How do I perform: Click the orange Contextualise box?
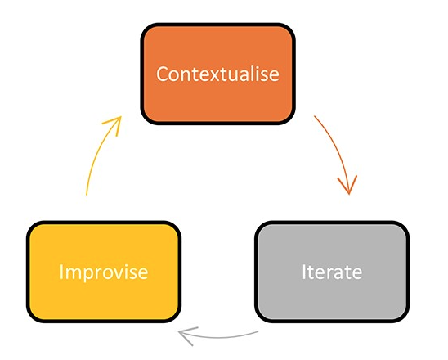click(x=217, y=74)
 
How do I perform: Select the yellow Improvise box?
click(x=104, y=272)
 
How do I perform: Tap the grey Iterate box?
click(x=332, y=272)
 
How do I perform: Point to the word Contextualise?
click(x=217, y=74)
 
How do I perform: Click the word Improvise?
click(x=104, y=272)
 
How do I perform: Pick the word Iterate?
click(x=332, y=272)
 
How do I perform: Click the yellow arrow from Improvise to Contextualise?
click(x=96, y=151)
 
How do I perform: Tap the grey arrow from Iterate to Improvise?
click(x=218, y=338)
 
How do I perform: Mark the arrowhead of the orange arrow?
click(x=348, y=193)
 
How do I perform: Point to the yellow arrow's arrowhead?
click(x=120, y=117)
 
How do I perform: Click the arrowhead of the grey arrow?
click(x=179, y=332)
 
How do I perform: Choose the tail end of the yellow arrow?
click(x=87, y=195)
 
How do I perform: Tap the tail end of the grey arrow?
click(x=258, y=331)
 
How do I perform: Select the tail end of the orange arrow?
click(x=314, y=116)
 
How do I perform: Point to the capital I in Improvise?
click(x=60, y=272)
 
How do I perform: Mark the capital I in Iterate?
click(x=304, y=272)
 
